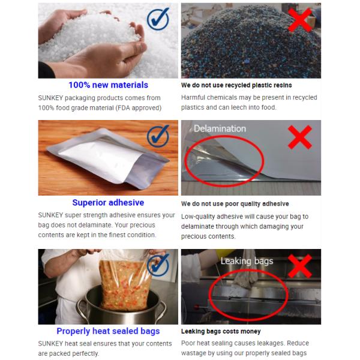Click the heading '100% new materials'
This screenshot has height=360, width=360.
[x=108, y=85]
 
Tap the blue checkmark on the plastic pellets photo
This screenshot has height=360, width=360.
[x=158, y=19]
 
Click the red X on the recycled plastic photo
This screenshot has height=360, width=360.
[x=300, y=19]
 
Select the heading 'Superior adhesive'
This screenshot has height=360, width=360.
[x=108, y=203]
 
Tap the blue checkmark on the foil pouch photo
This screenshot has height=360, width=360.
[x=158, y=136]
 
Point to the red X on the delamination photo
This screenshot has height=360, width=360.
[x=300, y=137]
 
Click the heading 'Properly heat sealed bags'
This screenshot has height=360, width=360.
[x=108, y=331]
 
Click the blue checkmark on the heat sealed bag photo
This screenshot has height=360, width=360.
[x=158, y=264]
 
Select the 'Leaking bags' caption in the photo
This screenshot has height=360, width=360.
[x=247, y=261]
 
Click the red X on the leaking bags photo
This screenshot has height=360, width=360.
[x=300, y=265]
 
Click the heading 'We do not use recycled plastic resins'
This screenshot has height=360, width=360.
[x=236, y=85]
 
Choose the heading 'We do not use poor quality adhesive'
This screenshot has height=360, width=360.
[x=235, y=204]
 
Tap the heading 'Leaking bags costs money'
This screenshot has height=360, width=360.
[x=221, y=331]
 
